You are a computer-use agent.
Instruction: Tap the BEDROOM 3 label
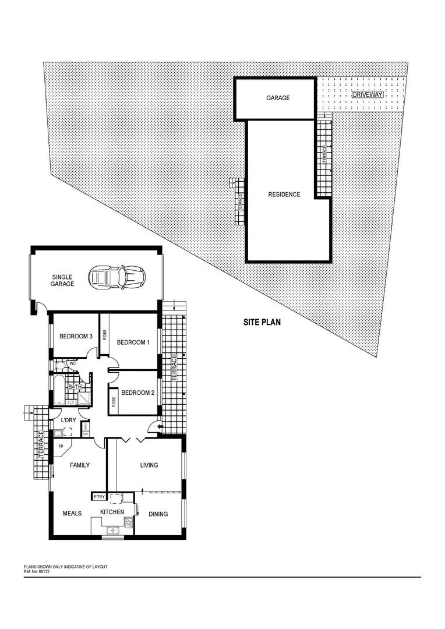tap(76, 337)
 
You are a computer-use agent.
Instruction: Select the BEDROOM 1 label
tap(133, 342)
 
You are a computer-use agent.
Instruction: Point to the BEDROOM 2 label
tap(137, 393)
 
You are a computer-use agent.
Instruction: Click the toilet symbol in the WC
tap(60, 365)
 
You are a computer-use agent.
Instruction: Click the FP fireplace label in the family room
tap(60, 448)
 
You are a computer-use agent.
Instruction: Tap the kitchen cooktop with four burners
tap(128, 522)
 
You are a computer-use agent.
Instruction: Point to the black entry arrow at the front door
tap(153, 428)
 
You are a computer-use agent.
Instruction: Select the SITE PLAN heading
tap(262, 322)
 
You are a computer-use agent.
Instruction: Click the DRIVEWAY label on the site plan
tap(368, 94)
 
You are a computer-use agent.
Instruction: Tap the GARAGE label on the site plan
tap(278, 98)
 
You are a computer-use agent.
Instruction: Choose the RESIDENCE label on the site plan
tap(284, 195)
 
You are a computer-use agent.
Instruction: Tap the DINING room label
tap(158, 514)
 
